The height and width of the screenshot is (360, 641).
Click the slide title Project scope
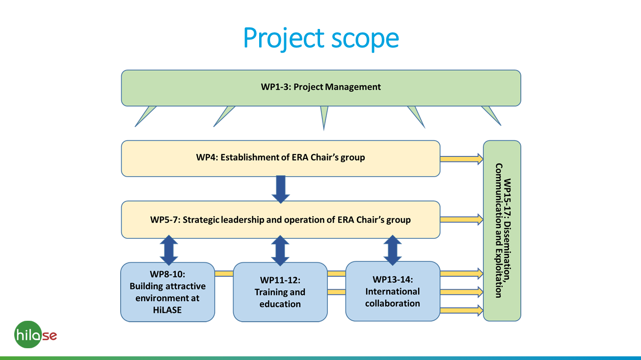(x=320, y=38)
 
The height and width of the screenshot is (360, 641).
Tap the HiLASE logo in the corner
(x=35, y=335)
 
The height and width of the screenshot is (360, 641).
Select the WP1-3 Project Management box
(x=320, y=88)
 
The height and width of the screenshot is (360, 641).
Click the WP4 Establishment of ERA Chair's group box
(x=280, y=158)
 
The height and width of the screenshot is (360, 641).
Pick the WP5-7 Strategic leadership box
(x=280, y=220)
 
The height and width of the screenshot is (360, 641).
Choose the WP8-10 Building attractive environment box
(x=167, y=292)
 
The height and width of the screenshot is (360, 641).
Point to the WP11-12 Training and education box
(x=280, y=292)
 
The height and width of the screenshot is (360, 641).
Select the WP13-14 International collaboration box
(x=392, y=291)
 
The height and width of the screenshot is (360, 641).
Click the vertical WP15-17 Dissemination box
(x=502, y=231)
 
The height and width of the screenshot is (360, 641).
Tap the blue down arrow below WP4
(x=280, y=189)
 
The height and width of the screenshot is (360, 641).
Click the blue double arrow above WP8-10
(x=168, y=250)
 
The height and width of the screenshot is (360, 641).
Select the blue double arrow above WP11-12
(x=280, y=250)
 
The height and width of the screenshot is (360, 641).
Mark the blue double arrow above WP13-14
(x=392, y=250)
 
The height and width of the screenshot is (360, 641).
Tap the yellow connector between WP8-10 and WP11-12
(x=224, y=274)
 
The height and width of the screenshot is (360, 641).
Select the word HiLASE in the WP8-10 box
(x=167, y=310)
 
